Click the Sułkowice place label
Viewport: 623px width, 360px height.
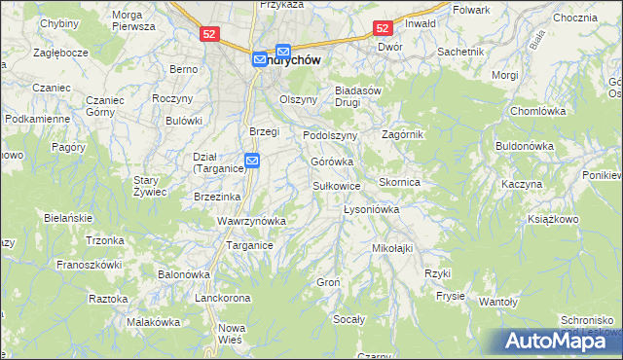tap(337, 185)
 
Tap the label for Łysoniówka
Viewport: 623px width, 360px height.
tap(373, 209)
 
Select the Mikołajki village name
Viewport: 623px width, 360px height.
tap(392, 248)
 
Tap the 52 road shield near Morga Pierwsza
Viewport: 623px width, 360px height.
tap(209, 33)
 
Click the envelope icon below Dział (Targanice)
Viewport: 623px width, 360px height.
tap(252, 161)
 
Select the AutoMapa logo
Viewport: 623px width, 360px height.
tap(559, 341)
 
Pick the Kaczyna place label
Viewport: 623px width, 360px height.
tap(521, 184)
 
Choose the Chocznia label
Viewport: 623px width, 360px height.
tap(574, 18)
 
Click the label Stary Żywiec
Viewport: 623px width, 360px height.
tap(151, 186)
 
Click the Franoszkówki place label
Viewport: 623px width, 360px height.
tap(89, 264)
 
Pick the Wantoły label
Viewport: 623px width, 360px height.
tap(498, 302)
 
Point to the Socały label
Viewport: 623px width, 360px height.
tap(348, 319)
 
